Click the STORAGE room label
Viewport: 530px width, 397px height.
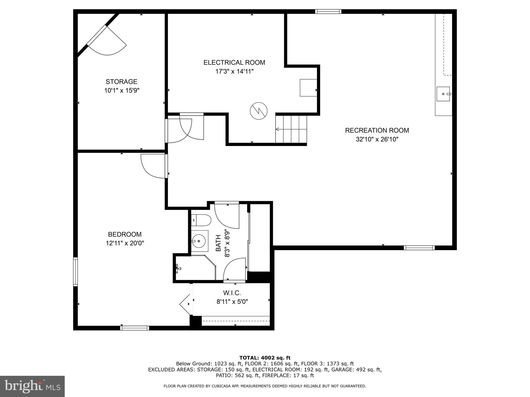pos(121,82)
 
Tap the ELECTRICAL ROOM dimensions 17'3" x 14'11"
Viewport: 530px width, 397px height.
pos(234,72)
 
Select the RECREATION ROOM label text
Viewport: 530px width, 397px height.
pos(377,130)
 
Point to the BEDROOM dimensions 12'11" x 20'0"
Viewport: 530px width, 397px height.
pos(125,243)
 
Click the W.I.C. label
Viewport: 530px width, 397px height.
pos(232,293)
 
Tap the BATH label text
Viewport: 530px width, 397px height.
pos(218,243)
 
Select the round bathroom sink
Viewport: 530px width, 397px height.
pos(199,241)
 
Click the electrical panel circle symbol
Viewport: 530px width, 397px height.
pos(259,111)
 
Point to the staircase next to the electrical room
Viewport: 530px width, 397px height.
pos(291,129)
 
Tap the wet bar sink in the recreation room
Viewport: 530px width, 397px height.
pos(443,94)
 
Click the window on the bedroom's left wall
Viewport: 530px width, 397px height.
pos(76,271)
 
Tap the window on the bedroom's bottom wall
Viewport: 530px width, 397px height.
pos(135,328)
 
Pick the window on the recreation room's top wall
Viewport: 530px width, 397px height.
pos(328,11)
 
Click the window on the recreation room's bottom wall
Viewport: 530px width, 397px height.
pos(419,248)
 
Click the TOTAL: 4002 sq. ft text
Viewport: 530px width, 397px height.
pos(265,358)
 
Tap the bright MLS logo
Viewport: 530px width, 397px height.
pos(32,386)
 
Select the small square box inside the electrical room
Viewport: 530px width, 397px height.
pos(308,88)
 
